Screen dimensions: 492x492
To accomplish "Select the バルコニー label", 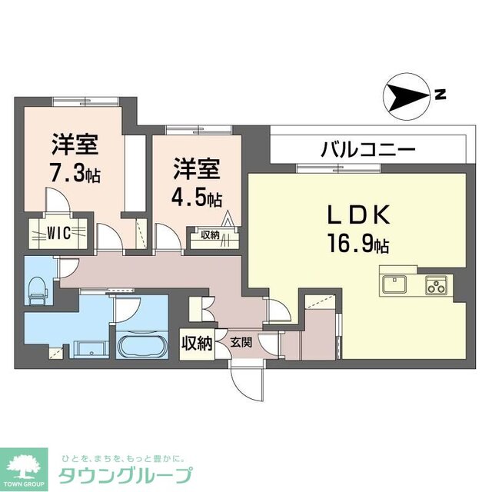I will [368, 148].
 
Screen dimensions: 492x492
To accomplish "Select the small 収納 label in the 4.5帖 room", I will [211, 235].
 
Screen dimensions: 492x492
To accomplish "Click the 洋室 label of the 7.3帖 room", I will [75, 144].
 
